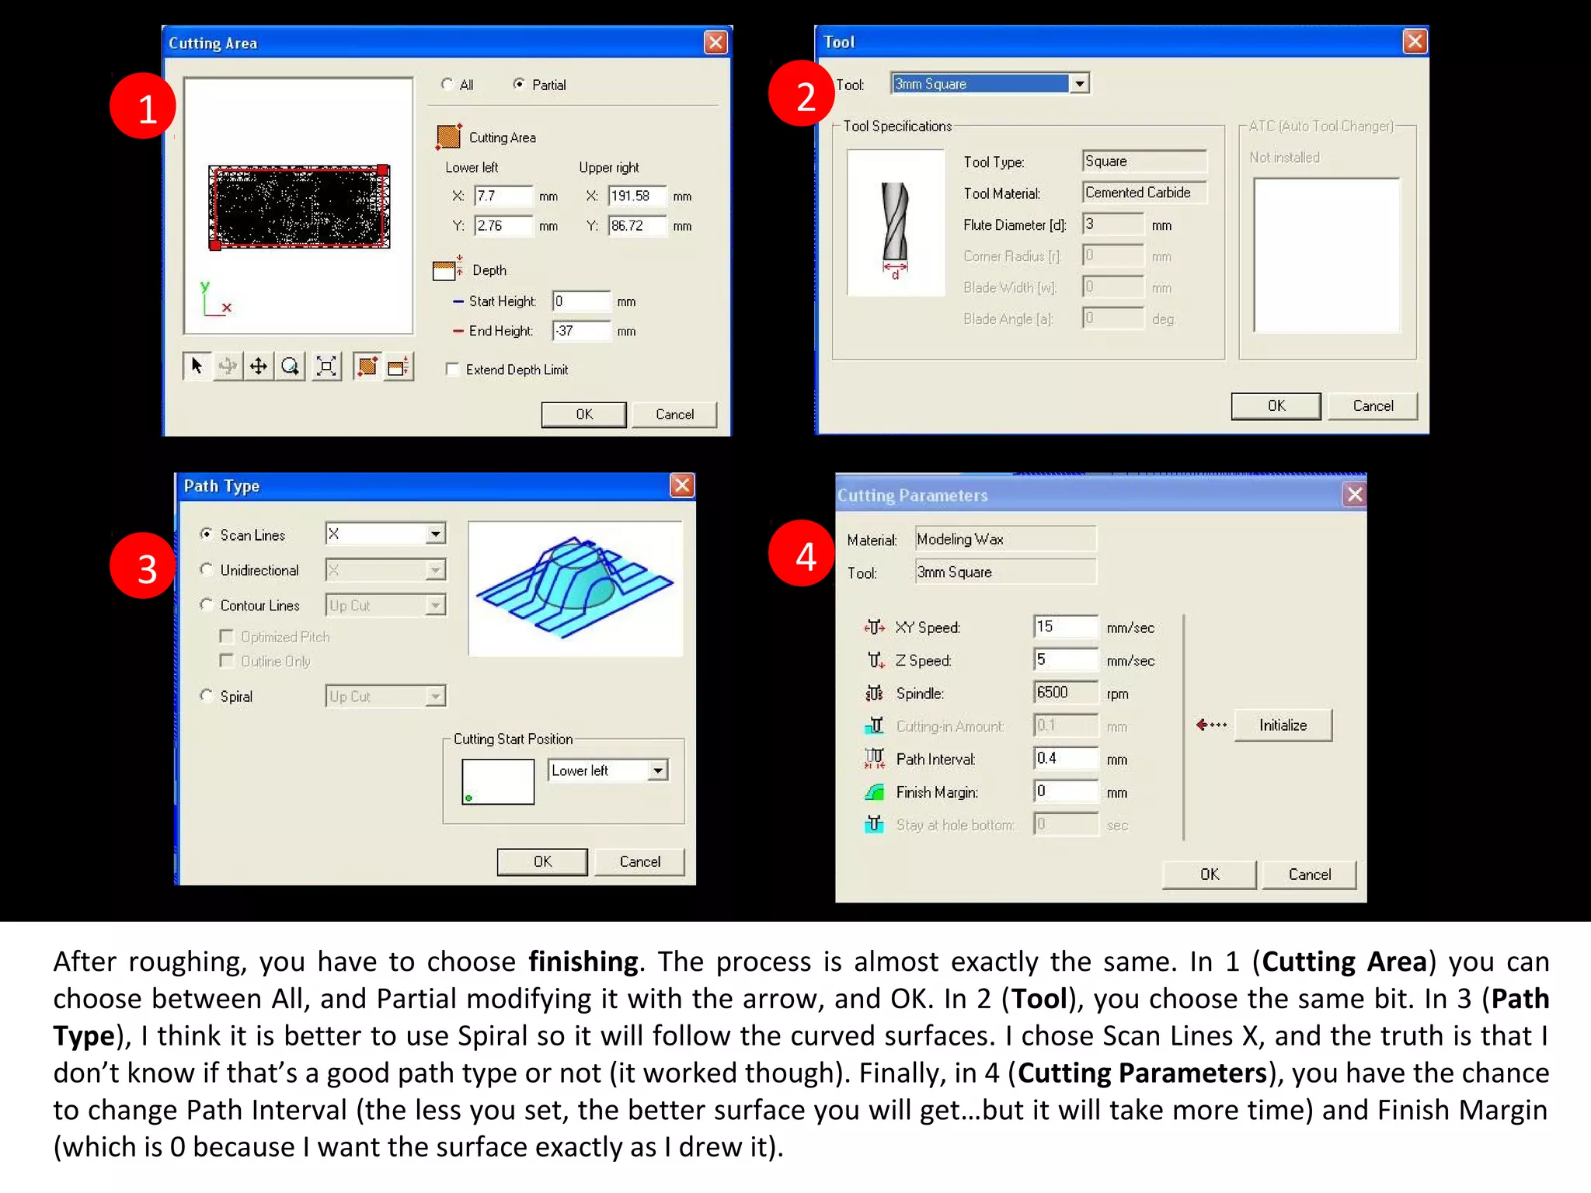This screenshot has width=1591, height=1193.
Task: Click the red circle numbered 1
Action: pos(143,106)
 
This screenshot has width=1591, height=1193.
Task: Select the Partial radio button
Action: pos(519,84)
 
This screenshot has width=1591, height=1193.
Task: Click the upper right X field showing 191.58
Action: pos(636,196)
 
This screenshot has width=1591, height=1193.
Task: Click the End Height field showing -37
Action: pos(581,331)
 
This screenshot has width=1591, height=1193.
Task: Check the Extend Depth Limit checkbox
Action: pos(452,370)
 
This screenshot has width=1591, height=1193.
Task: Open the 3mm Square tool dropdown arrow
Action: pos(1079,84)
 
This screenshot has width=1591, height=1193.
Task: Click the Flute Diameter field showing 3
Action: pos(1112,224)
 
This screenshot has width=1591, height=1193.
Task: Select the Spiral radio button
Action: pos(207,696)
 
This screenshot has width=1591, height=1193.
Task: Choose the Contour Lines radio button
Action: pos(207,605)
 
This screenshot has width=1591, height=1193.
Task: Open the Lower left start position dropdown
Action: pos(658,770)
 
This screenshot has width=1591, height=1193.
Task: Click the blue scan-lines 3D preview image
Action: pos(575,588)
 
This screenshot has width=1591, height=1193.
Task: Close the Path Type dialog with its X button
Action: pos(681,486)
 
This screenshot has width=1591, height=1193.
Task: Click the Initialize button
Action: pos(1283,725)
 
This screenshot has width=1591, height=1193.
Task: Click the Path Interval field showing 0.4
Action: pos(1064,759)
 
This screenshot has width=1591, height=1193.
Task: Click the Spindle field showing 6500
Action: pos(1064,693)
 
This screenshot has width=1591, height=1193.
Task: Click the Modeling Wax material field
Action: pos(1004,539)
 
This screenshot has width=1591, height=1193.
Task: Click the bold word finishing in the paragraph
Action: pos(583,962)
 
